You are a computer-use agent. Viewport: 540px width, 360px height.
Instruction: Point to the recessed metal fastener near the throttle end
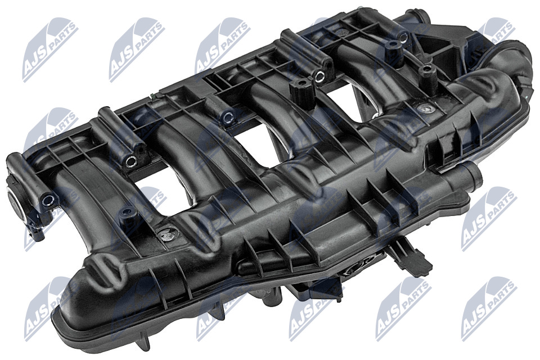click(426, 109)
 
